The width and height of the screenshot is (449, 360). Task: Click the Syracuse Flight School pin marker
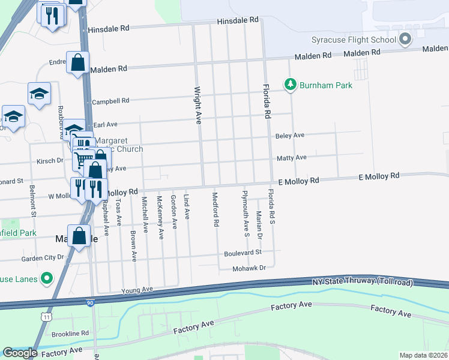405,40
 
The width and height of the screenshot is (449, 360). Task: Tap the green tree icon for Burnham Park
291,85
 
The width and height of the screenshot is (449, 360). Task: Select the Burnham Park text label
327,85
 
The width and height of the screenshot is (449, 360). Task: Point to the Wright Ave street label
197,105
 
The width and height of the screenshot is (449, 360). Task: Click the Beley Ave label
291,136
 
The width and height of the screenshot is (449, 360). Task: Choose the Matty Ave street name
292,158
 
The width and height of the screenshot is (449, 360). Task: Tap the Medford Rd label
215,209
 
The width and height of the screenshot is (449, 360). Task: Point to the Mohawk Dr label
249,268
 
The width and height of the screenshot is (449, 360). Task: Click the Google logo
20,352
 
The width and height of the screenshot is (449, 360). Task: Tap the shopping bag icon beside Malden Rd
77,63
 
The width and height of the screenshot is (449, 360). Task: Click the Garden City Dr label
42,257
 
